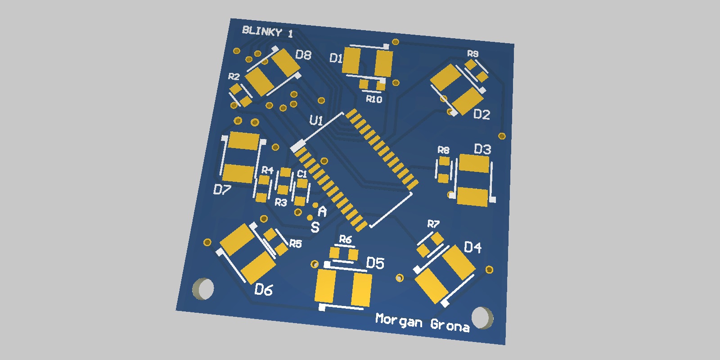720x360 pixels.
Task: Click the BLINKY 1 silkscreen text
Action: (267, 31)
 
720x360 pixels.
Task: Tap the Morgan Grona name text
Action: (422, 322)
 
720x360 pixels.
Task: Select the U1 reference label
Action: (316, 121)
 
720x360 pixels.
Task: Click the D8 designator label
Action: (303, 55)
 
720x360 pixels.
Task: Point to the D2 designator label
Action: (481, 114)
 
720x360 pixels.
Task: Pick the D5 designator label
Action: (375, 263)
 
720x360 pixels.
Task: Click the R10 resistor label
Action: (374, 99)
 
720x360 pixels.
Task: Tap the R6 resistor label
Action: (345, 239)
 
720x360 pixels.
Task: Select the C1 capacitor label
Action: (301, 174)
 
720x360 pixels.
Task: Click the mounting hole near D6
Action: (203, 288)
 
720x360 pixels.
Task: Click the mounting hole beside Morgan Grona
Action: (482, 317)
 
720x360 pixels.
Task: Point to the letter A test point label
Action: (322, 211)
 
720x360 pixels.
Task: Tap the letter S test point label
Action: (315, 227)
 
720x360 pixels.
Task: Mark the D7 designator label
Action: (222, 190)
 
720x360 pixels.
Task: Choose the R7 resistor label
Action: (433, 224)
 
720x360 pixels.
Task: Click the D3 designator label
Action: (482, 149)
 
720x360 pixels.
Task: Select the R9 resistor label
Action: (472, 54)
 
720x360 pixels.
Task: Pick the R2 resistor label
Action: (234, 76)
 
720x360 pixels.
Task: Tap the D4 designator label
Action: (472, 247)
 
